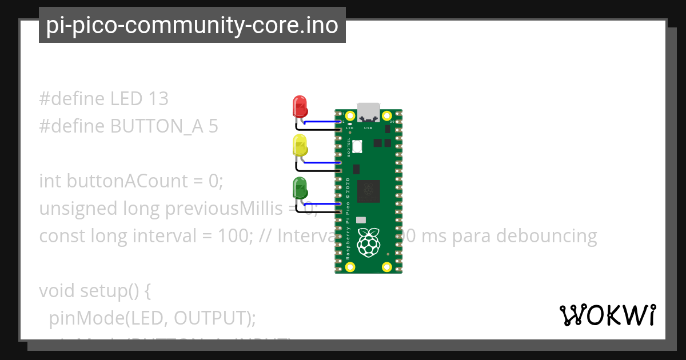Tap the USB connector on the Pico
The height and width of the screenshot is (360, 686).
369,112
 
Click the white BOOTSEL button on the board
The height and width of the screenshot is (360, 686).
357,146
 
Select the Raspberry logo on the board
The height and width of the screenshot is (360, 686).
369,242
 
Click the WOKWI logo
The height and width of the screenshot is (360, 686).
607,315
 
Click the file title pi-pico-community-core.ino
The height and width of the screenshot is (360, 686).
192,25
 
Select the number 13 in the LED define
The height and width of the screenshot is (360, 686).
158,99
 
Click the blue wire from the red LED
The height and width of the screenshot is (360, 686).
323,122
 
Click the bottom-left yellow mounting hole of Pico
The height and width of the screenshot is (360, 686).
350,266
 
